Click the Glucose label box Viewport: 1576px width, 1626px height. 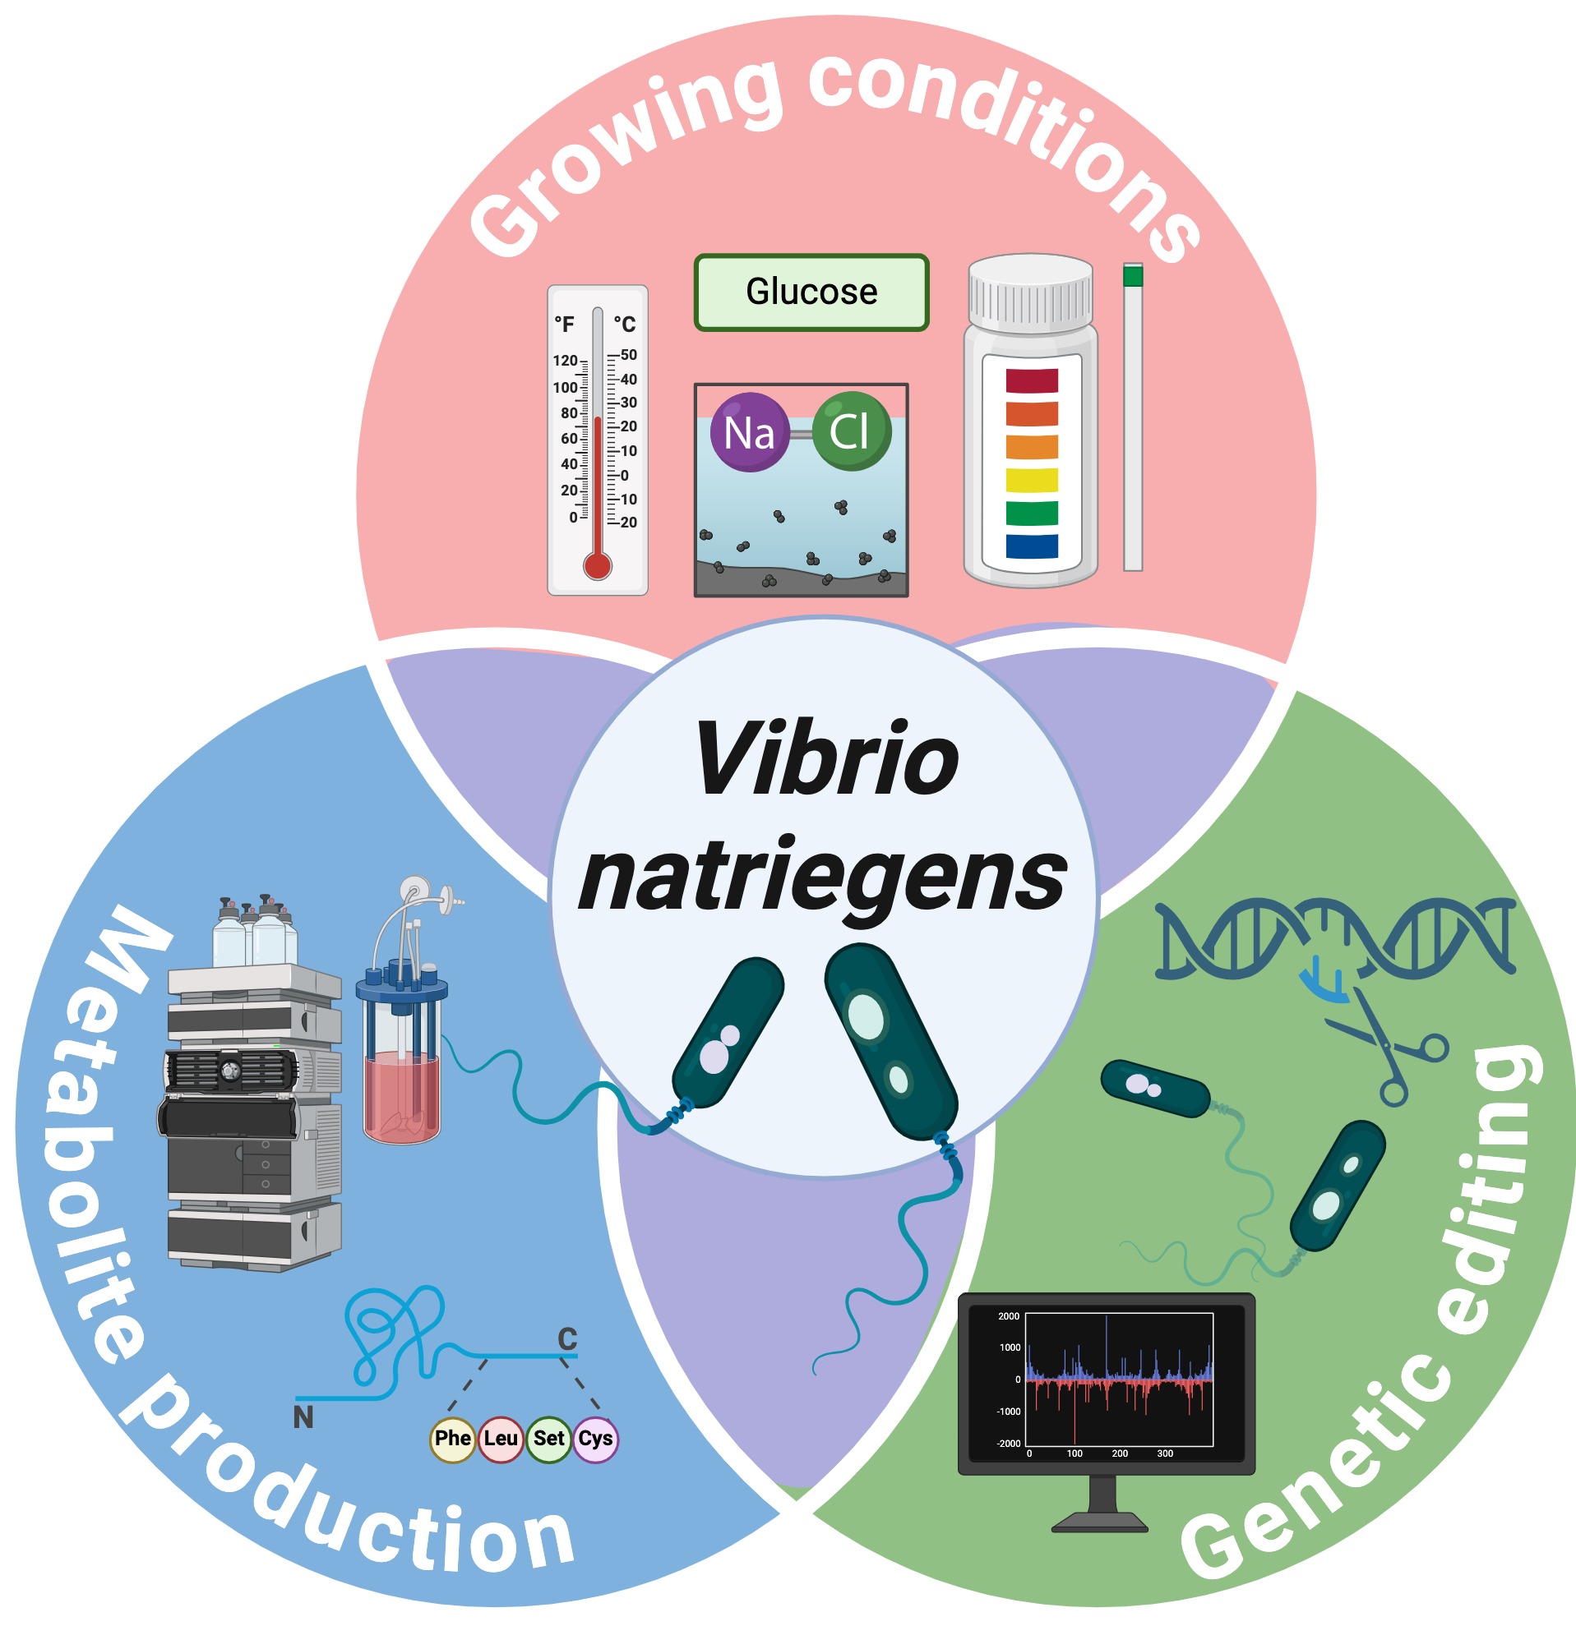[x=811, y=292]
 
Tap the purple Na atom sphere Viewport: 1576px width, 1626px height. [x=750, y=432]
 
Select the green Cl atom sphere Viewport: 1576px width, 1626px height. [x=851, y=431]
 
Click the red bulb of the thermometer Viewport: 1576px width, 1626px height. [x=598, y=566]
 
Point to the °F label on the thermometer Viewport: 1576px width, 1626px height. [x=564, y=325]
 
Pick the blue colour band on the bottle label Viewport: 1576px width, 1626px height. [x=1032, y=546]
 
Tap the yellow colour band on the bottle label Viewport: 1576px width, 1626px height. [x=1032, y=481]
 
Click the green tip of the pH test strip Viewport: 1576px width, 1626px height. [x=1133, y=276]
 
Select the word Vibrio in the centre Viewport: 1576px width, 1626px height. [x=825, y=759]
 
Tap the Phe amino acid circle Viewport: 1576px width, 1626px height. [x=452, y=1438]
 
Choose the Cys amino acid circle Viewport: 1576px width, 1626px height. [x=595, y=1438]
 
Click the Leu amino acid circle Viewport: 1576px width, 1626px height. [x=501, y=1438]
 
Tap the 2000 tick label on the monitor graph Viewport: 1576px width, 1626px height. [x=1009, y=1316]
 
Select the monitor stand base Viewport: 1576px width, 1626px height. [x=1100, y=1522]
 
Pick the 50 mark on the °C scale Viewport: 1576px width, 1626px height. [x=628, y=355]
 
